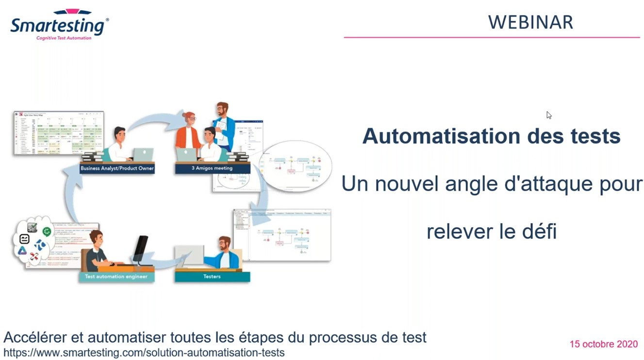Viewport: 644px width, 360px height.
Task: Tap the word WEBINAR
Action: (x=530, y=22)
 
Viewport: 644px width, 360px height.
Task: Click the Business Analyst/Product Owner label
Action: (x=117, y=168)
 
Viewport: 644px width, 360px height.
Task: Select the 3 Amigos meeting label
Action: (x=212, y=168)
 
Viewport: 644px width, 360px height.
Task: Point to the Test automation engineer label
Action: (x=116, y=277)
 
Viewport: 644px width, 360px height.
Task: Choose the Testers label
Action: (x=212, y=277)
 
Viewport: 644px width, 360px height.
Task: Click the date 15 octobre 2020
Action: (x=603, y=344)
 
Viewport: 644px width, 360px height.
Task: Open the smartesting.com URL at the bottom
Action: (x=144, y=353)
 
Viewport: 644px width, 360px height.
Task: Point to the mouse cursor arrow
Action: (x=548, y=115)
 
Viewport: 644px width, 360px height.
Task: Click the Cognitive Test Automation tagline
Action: (x=64, y=38)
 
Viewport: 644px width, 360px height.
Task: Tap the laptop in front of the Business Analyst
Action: (x=143, y=155)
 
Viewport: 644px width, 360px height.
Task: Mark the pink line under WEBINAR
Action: (x=491, y=37)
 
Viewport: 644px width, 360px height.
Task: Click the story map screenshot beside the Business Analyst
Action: (x=58, y=133)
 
